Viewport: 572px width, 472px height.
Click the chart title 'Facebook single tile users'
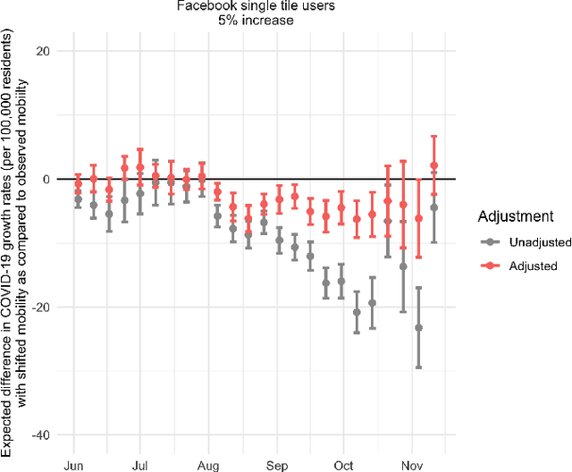pos(285,6)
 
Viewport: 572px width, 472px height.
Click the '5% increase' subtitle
pos(285,21)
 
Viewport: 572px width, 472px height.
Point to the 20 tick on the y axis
pos(41,51)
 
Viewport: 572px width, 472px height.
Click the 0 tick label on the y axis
pos(45,179)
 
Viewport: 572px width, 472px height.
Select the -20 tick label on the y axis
pos(39,307)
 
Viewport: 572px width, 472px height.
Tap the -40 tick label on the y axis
pos(39,434)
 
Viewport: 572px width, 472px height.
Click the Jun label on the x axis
pos(73,466)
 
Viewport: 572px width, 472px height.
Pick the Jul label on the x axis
pos(139,466)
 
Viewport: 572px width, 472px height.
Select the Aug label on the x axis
pos(207,466)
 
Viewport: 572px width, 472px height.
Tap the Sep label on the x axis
pos(276,466)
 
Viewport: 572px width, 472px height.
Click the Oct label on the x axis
pos(342,466)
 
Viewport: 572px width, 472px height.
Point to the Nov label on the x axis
pos(411,466)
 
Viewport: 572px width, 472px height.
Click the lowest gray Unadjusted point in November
pos(418,327)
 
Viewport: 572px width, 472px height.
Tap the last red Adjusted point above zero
pos(434,165)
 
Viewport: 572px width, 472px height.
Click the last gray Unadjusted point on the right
pos(433,207)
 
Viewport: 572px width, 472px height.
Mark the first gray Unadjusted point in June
pos(78,199)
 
